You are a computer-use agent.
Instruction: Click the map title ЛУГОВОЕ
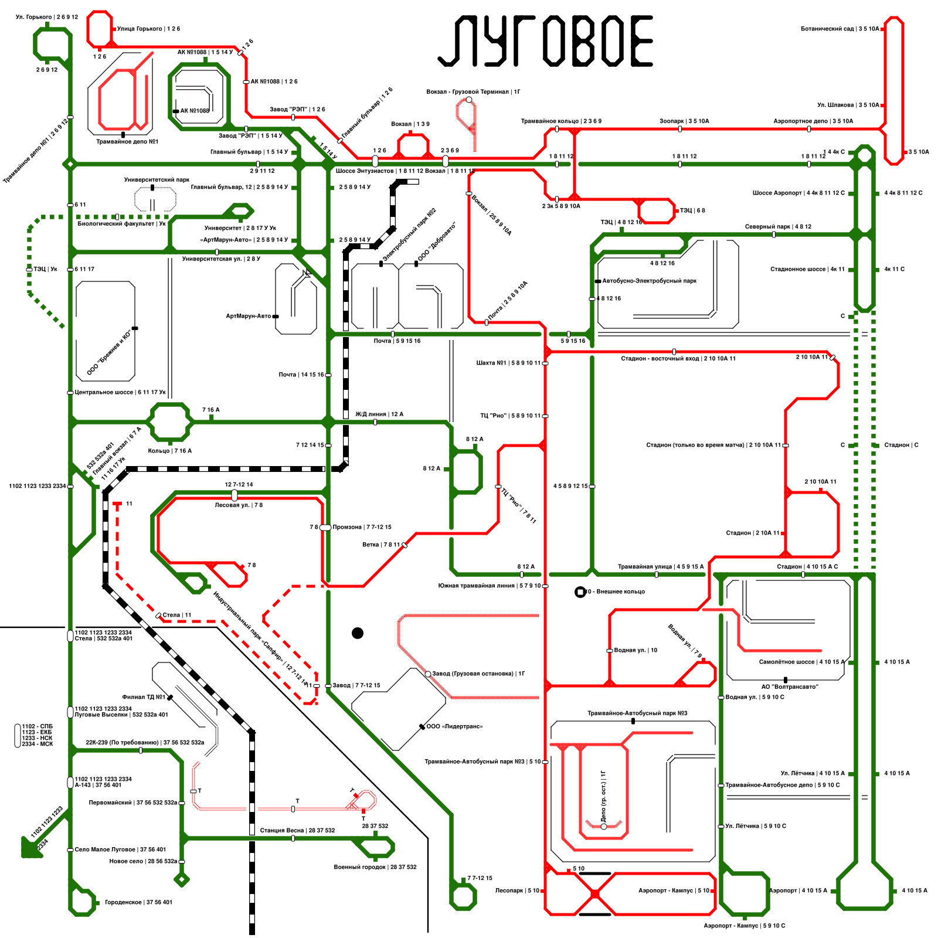[545, 41]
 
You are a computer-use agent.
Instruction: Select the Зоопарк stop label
[684, 121]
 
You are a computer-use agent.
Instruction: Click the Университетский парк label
[157, 180]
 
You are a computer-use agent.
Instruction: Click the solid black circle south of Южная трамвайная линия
[358, 633]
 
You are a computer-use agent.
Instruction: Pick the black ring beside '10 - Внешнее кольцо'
[580, 592]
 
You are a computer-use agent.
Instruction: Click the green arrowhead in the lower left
[30, 848]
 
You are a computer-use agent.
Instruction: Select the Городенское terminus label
[138, 903]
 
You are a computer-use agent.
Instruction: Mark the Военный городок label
[375, 867]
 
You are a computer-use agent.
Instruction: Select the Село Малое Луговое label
[120, 849]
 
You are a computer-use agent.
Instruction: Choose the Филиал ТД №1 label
[144, 698]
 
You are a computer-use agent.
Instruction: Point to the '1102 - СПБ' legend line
[37, 727]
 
